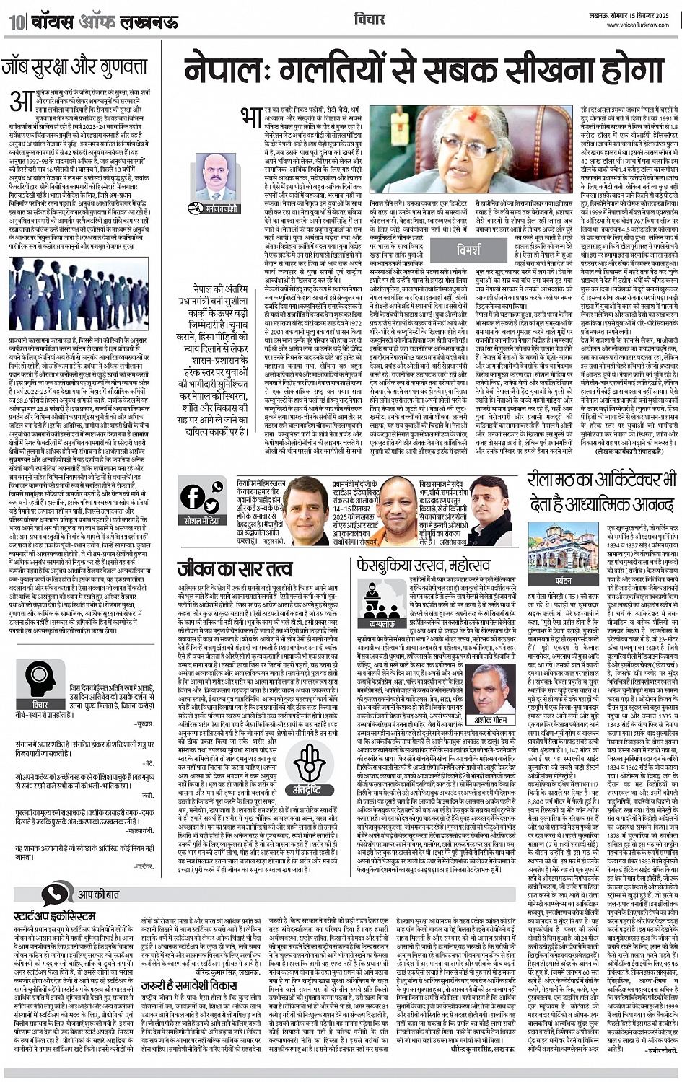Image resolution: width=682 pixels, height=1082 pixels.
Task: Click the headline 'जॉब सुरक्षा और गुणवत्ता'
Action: tap(74, 69)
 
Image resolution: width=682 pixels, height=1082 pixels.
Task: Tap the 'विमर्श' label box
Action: tap(468, 251)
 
